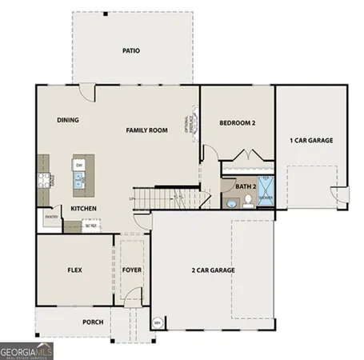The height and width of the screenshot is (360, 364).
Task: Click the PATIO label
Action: point(131,50)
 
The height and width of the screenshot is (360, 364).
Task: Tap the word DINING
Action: point(67,120)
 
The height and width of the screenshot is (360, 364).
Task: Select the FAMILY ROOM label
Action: point(146,130)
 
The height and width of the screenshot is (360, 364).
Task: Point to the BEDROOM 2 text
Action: point(237,122)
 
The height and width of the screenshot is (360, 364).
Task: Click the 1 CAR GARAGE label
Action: point(311,140)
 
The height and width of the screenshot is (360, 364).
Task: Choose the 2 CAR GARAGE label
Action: point(213,270)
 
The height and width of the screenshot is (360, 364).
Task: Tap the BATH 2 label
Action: point(246,186)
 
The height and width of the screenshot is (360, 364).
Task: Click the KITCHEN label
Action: point(84,209)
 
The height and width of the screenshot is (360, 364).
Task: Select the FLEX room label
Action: point(75,270)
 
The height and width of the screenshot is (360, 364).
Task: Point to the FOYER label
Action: point(132,270)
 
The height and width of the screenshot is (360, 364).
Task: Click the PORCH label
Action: point(93,322)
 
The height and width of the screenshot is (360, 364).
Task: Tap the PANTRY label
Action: point(51,216)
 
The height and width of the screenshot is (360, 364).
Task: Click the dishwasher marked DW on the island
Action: point(79,165)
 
